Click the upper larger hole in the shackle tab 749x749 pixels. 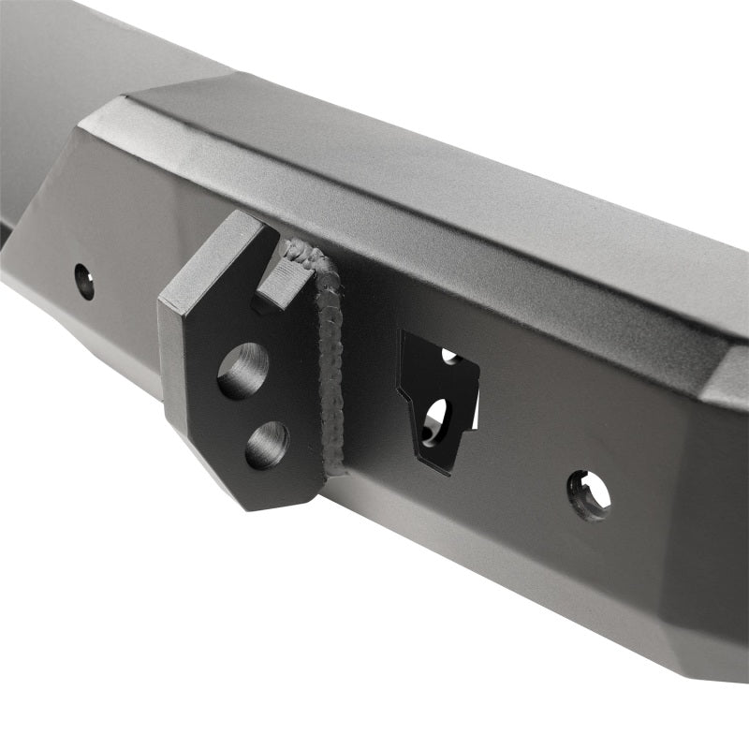(242, 371)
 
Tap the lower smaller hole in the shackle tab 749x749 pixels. (266, 445)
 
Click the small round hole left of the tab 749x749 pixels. (84, 281)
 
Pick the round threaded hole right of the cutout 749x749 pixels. (589, 494)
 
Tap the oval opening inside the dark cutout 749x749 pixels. (435, 421)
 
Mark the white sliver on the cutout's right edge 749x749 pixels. (475, 412)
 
